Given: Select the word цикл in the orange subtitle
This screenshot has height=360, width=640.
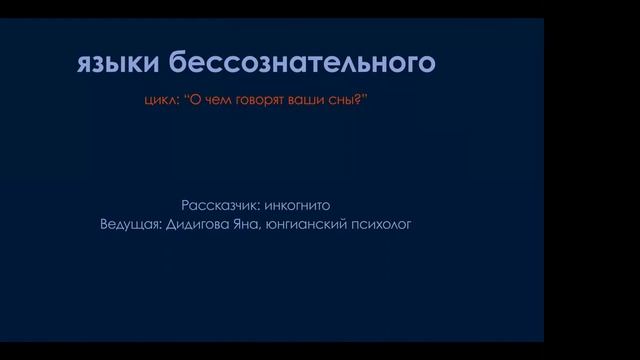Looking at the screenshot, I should pyautogui.click(x=159, y=101).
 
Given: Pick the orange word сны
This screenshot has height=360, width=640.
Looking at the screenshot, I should pyautogui.click(x=346, y=101).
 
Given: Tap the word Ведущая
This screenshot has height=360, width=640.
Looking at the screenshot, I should pyautogui.click(x=130, y=223).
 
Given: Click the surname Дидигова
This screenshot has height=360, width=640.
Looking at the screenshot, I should pyautogui.click(x=202, y=223).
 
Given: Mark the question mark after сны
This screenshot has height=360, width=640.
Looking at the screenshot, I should pyautogui.click(x=360, y=101).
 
